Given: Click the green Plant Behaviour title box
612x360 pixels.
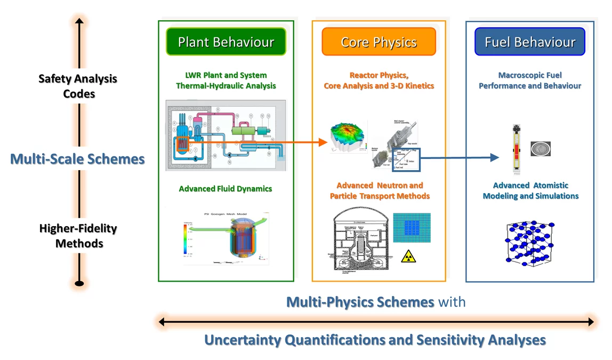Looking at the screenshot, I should click(226, 42).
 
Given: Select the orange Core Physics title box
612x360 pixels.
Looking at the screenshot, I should click(379, 42).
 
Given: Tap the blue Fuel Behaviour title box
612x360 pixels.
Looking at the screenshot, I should click(530, 42).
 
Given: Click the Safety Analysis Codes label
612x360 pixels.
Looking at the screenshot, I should click(78, 86).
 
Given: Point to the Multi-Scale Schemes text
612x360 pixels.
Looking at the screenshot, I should click(78, 158).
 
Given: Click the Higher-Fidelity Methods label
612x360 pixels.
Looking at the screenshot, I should click(78, 236).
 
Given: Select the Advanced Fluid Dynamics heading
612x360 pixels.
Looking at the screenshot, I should click(226, 189).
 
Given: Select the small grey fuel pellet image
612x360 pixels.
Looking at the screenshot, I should click(540, 149).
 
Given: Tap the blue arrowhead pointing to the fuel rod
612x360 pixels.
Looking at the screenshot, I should click(494, 157).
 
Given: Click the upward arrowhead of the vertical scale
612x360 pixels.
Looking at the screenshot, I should click(79, 21).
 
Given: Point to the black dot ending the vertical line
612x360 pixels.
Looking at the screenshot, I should click(79, 283).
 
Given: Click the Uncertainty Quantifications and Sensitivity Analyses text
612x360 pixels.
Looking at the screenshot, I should click(375, 340).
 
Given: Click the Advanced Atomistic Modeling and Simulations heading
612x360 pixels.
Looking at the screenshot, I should click(530, 190).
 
